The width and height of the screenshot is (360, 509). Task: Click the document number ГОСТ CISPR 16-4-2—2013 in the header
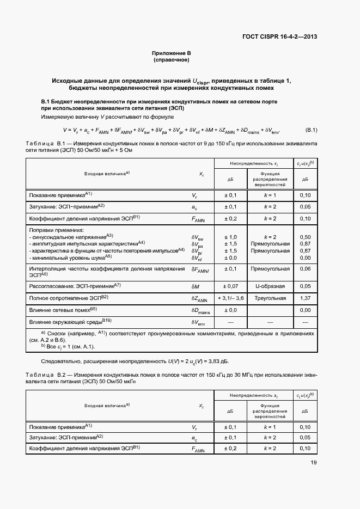click(x=279, y=37)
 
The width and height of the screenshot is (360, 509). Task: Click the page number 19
click(x=313, y=463)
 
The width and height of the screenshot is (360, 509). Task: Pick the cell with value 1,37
click(x=305, y=298)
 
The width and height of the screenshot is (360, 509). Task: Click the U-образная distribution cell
click(x=266, y=286)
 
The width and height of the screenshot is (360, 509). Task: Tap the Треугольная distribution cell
click(x=266, y=298)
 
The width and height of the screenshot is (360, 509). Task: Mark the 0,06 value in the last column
click(x=305, y=269)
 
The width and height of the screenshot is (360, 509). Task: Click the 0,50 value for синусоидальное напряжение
click(x=305, y=237)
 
